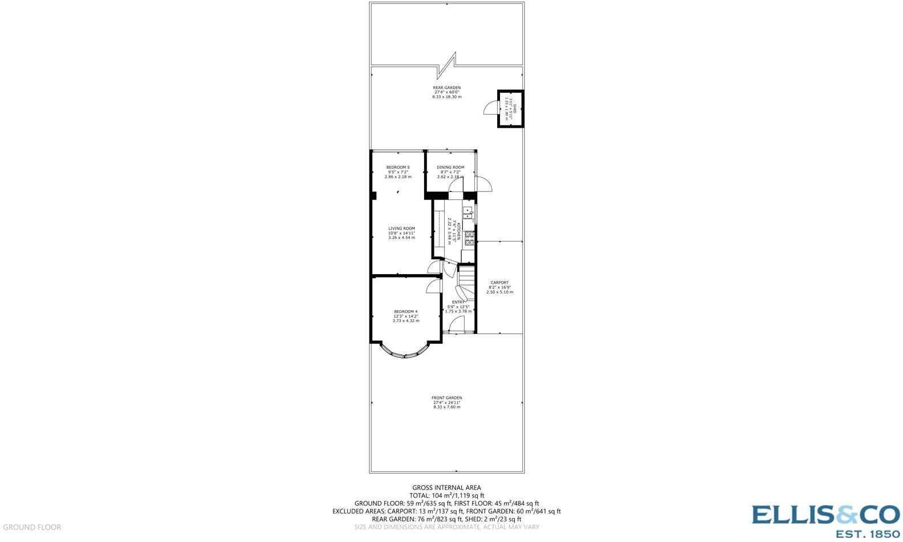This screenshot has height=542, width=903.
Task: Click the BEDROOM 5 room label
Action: pos(397,168)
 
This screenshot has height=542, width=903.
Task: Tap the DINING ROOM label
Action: pos(450,168)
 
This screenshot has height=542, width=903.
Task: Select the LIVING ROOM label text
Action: pos(401,229)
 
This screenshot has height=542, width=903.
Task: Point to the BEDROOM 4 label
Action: pos(405,312)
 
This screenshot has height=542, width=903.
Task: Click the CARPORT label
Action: pos(499,283)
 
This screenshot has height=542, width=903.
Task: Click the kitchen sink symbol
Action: pos(468,213)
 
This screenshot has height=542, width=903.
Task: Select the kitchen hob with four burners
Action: pos(470,239)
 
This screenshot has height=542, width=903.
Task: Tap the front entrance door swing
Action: pos(457,325)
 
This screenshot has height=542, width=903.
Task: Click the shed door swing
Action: pos(490,108)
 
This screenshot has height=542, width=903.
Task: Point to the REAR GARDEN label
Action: pos(446,88)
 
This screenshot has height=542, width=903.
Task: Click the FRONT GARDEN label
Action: pos(446,398)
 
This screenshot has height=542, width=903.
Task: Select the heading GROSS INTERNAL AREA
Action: pos(446,488)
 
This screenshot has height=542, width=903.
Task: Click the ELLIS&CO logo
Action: pos(824,520)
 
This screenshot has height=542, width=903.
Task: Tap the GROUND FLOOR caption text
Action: pos(32,527)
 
